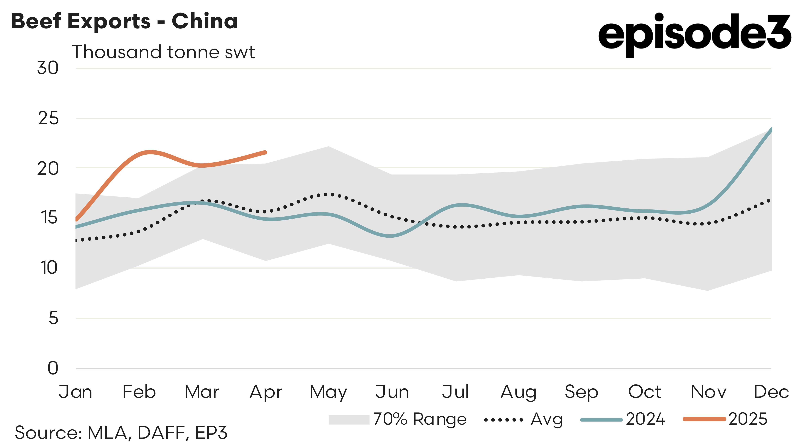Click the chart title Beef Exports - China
(x=125, y=21)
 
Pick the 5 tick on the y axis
(x=53, y=318)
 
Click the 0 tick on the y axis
(x=53, y=368)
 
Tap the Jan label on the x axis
(x=75, y=392)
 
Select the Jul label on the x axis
(x=455, y=392)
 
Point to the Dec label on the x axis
(x=771, y=392)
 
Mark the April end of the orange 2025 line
(x=265, y=152)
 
